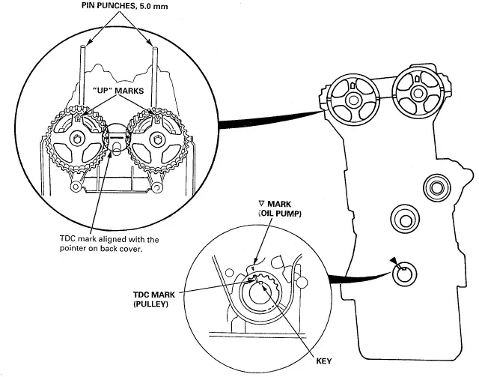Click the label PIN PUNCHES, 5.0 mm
point(125,6)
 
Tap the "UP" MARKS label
point(118,91)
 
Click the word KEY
point(324,361)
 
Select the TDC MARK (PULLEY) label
point(154,299)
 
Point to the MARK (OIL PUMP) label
point(280,208)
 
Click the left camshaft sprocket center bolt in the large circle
point(76,139)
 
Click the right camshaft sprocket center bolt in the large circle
point(157,139)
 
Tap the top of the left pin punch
point(82,46)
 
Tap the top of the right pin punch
point(155,48)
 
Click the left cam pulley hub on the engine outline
point(354,100)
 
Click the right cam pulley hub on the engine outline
point(418,92)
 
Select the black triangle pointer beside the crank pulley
point(394,260)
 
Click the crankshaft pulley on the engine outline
point(404,274)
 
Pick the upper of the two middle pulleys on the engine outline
point(437,187)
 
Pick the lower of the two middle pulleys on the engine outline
point(405,219)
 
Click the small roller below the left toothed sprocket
point(75,187)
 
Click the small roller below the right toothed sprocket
point(157,187)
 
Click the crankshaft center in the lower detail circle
point(260,294)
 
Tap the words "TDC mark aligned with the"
point(109,238)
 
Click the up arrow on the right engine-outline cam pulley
point(418,79)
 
